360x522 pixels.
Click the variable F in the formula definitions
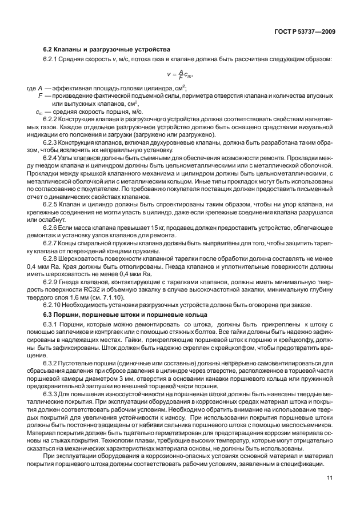click(40, 95)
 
